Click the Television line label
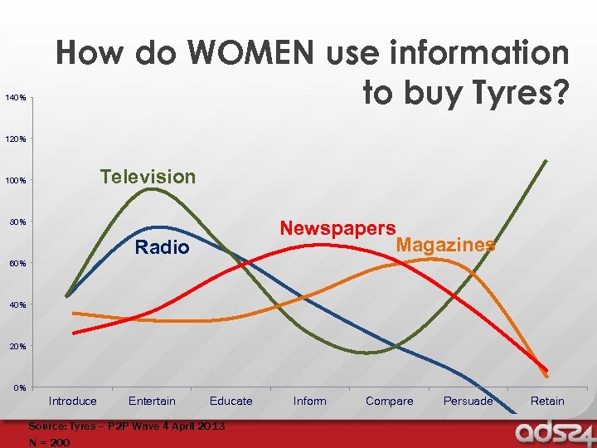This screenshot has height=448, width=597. point(148,177)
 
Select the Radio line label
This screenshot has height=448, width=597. point(162,248)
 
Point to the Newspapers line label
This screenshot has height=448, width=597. point(337,228)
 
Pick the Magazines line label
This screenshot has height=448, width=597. point(446,245)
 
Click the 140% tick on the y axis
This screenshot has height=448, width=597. point(16,99)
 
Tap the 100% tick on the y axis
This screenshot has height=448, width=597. point(16,181)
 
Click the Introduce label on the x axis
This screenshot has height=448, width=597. point(72,402)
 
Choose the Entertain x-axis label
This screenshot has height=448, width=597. point(152,402)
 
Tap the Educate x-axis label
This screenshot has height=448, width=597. point(231,402)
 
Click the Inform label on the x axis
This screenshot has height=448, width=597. point(309,402)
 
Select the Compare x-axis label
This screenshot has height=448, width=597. point(389,402)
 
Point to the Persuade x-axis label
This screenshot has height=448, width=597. point(468,402)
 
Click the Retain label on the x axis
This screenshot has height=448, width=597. point(547,402)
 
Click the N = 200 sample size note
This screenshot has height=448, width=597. point(50,443)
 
